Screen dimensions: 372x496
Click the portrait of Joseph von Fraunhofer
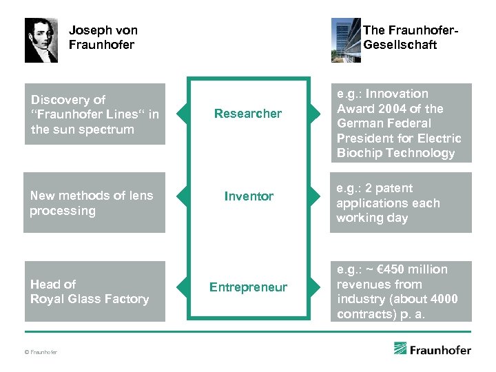point(41,40)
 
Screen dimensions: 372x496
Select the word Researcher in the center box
point(248,114)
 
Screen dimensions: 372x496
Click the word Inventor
point(249,196)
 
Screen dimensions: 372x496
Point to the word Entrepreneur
point(248,287)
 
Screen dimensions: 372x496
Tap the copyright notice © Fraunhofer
point(41,352)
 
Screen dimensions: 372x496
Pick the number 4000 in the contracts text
point(443,299)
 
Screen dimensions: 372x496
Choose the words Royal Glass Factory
point(90,299)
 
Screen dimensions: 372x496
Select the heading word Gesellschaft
point(400,45)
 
